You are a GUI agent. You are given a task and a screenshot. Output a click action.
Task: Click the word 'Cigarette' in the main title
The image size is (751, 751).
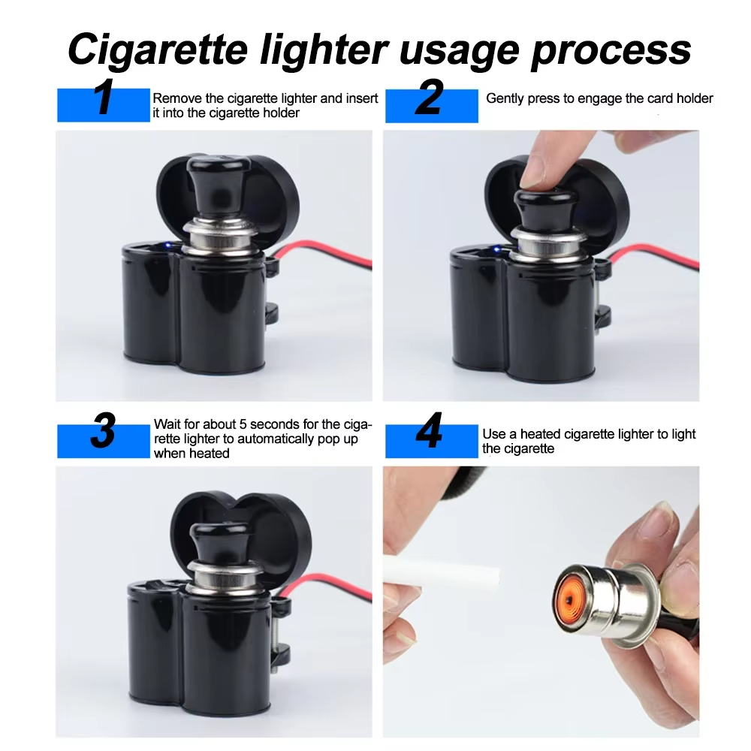coord(158,49)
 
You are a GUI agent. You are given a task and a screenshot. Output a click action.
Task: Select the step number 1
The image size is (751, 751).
coord(104,97)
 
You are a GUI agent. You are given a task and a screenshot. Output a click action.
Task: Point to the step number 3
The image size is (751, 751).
coord(103,430)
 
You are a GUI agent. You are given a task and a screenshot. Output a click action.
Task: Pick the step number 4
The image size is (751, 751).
coord(429,430)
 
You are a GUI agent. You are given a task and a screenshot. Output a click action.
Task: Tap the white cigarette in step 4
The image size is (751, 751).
coord(441,572)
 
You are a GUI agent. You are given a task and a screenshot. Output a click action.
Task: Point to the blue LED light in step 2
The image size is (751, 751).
coord(496,249)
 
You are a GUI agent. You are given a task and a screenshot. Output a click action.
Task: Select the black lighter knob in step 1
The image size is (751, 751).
coord(218,187)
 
